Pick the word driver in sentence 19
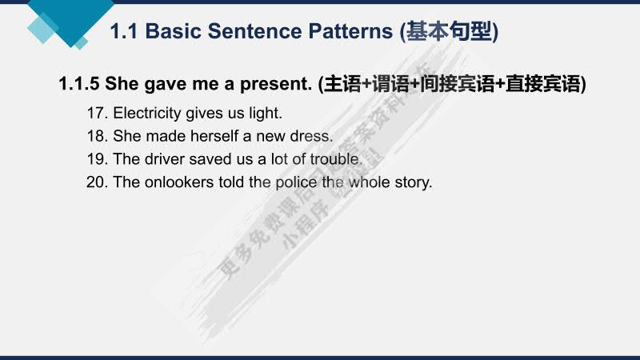point(162,159)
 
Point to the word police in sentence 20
point(295,182)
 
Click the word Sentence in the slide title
point(258,32)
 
